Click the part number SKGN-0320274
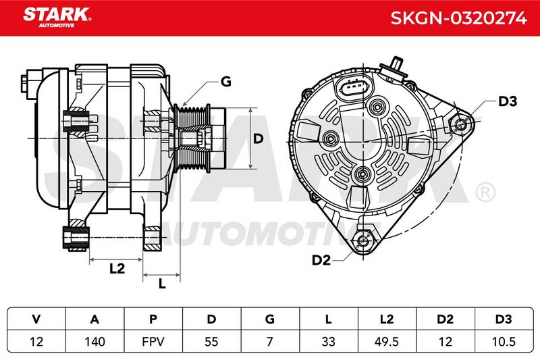tap(459, 18)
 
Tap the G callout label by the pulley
tap(225, 82)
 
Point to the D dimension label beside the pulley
tap(258, 138)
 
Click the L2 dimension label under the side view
tap(117, 268)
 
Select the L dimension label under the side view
tap(162, 284)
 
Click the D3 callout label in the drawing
tap(508, 101)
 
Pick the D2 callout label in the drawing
tap(321, 260)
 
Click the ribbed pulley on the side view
tap(192, 138)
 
